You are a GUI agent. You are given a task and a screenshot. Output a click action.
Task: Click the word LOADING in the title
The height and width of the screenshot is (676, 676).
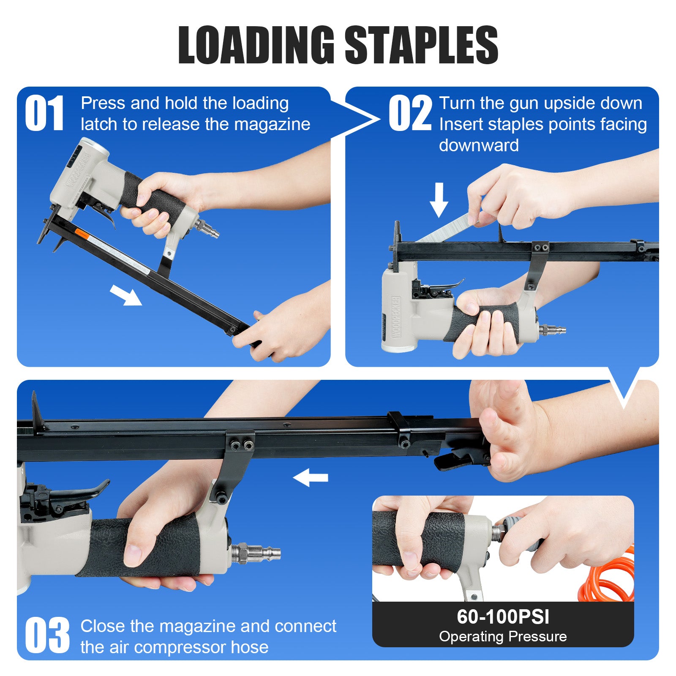pyautogui.click(x=256, y=45)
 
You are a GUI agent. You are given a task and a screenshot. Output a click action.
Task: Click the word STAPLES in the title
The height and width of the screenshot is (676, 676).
pyautogui.click(x=422, y=45)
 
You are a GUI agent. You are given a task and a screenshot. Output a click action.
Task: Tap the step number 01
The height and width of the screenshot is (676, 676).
pyautogui.click(x=44, y=113)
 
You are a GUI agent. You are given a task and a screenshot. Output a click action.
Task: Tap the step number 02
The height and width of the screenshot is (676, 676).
pyautogui.click(x=410, y=113)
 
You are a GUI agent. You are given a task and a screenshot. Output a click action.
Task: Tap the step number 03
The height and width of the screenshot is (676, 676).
pyautogui.click(x=47, y=635)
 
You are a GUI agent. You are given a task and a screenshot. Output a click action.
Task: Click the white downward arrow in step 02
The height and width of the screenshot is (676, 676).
pyautogui.click(x=439, y=200)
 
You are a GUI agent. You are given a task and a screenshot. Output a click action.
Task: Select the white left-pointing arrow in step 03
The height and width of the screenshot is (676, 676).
pyautogui.click(x=311, y=477)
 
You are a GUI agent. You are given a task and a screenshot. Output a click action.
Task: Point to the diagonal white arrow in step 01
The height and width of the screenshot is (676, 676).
pyautogui.click(x=126, y=294)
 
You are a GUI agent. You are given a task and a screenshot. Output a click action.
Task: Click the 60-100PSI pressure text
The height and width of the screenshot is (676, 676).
pyautogui.click(x=503, y=616)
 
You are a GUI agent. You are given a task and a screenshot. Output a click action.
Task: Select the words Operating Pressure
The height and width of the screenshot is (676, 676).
pyautogui.click(x=503, y=636)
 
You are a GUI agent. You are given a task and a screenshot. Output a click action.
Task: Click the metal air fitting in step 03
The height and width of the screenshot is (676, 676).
pyautogui.click(x=255, y=553)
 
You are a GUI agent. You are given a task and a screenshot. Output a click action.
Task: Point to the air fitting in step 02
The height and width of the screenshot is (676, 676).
pyautogui.click(x=551, y=329)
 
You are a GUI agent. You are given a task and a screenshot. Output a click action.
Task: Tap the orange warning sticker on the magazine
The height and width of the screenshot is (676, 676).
pyautogui.click(x=82, y=233)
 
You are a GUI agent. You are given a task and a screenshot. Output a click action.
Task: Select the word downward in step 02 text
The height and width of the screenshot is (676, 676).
pyautogui.click(x=479, y=145)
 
